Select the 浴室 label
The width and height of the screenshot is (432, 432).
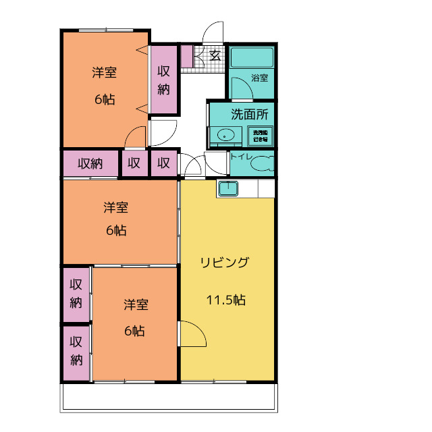point(259,78)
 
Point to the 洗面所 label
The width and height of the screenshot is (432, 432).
point(249,114)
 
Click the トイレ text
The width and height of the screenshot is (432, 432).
point(241,157)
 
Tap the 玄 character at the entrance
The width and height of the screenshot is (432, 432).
point(215,55)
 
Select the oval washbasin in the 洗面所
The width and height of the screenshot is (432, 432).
point(225,134)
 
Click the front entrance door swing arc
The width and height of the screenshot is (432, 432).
point(213,32)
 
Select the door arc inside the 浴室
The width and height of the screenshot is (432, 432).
point(240,89)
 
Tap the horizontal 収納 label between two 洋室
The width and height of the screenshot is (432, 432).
point(90,163)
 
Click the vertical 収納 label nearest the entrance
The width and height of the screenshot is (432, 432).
point(163,80)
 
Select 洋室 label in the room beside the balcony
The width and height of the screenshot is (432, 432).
point(136,304)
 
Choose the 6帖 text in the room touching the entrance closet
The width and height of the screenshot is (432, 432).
point(105,99)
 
